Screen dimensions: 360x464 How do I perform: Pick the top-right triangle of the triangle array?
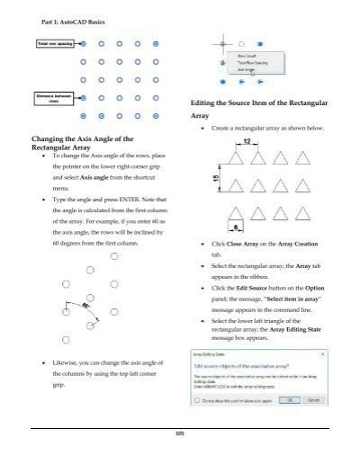[x=294, y=159]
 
